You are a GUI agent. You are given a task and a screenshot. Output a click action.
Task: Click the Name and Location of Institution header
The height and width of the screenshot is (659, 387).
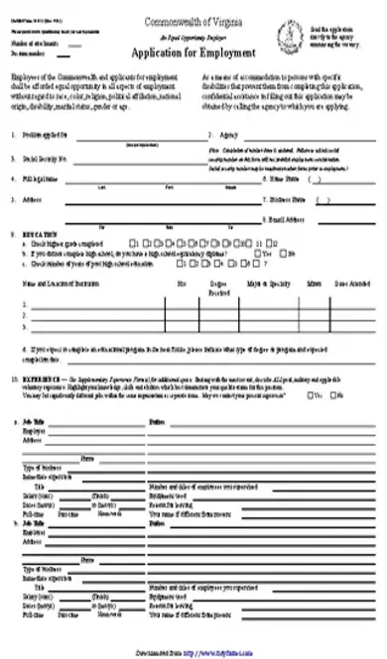pyautogui.click(x=56, y=282)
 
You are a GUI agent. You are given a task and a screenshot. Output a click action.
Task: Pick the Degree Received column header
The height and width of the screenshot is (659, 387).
pyautogui.click(x=222, y=285)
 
